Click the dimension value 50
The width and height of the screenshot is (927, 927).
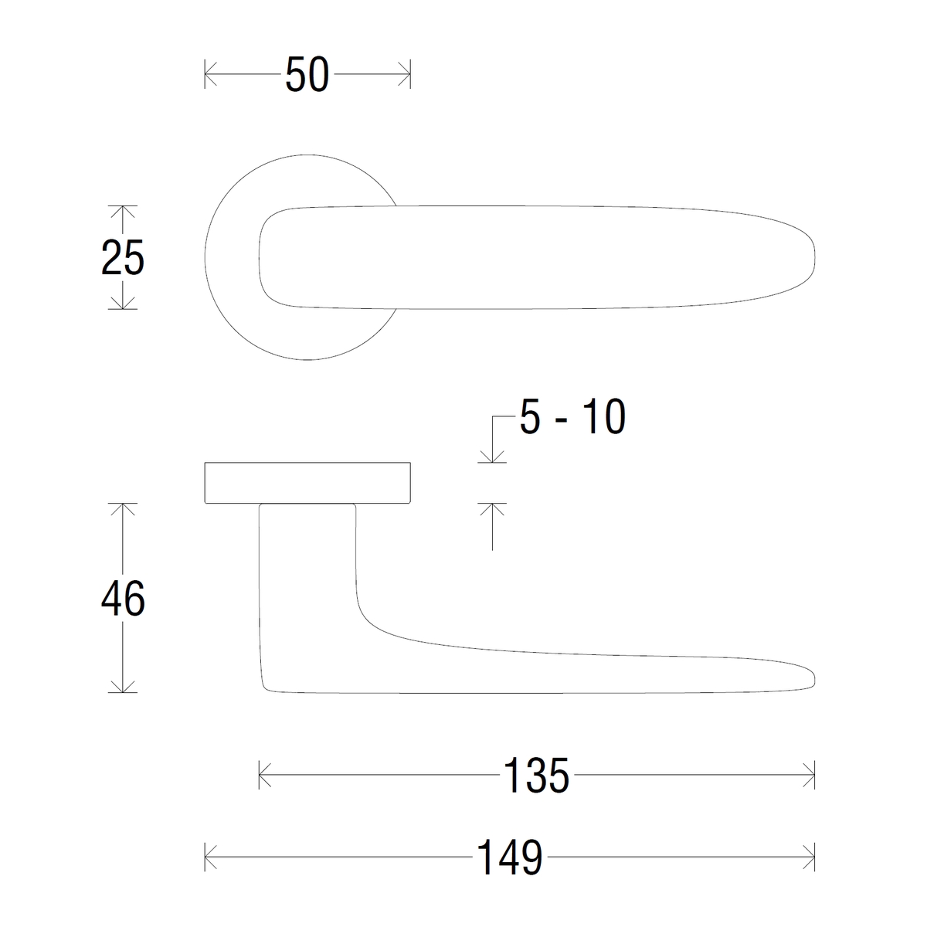pos(307,75)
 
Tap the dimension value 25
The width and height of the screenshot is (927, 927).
pos(123,258)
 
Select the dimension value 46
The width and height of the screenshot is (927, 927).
pos(123,599)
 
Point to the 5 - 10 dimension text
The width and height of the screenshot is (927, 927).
pos(572,416)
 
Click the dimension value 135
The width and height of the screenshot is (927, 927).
pos(536,776)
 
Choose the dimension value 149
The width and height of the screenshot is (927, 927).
pos(509,857)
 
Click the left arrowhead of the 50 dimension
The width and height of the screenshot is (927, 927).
pos(211,74)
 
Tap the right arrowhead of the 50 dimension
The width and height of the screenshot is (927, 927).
pos(405,74)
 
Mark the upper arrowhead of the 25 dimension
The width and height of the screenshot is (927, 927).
pos(123,212)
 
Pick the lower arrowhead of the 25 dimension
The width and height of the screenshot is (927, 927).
pos(123,303)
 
